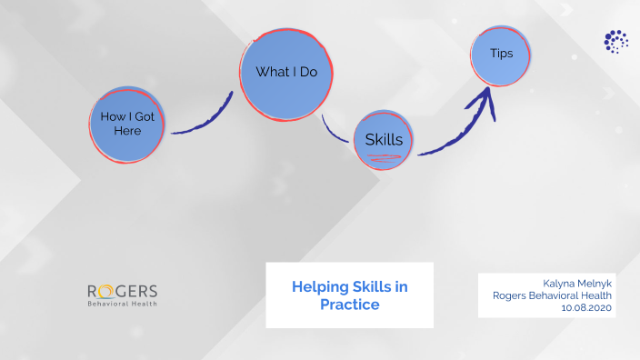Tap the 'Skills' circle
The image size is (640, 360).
pyautogui.click(x=385, y=140)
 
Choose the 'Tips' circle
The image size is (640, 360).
pyautogui.click(x=501, y=54)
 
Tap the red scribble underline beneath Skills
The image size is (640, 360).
pyautogui.click(x=384, y=158)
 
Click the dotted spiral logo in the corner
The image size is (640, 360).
pyautogui.click(x=615, y=41)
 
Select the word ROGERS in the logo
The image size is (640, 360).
pyautogui.click(x=122, y=291)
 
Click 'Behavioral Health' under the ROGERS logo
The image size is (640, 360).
pyautogui.click(x=122, y=304)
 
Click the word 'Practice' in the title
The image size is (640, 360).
pyautogui.click(x=349, y=305)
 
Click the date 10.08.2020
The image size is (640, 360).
pyautogui.click(x=587, y=307)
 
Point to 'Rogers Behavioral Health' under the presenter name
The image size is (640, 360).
pyautogui.click(x=553, y=295)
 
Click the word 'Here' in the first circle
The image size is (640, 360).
pyautogui.click(x=128, y=131)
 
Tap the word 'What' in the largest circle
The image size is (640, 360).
pyautogui.click(x=271, y=72)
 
